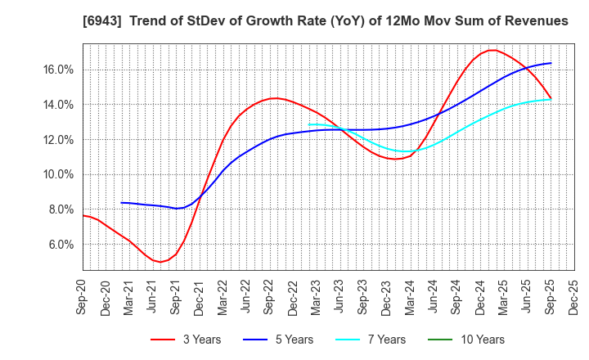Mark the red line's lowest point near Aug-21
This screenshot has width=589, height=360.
160,262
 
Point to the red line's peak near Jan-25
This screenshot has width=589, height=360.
491,50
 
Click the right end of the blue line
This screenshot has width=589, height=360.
551,63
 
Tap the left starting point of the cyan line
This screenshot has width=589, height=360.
309,124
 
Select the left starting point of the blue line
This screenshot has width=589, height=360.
121,202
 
